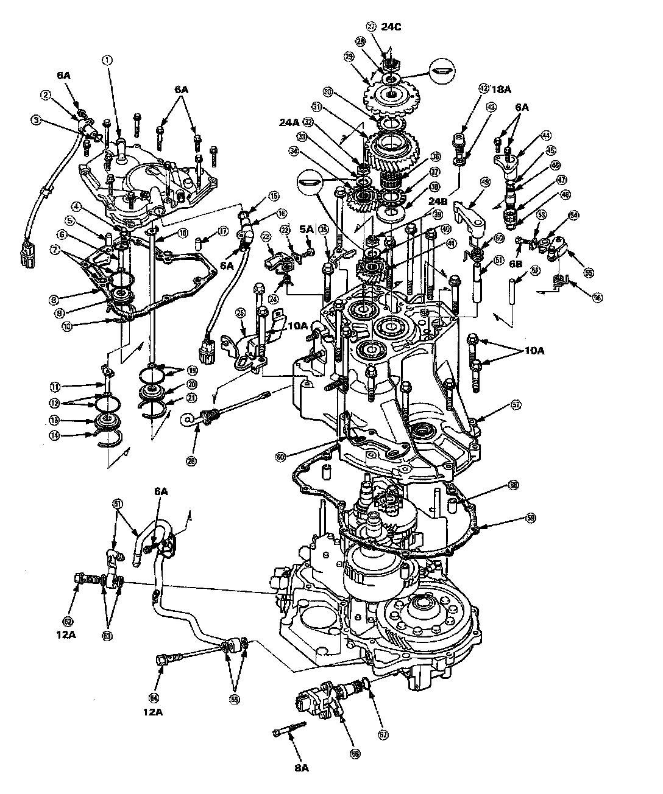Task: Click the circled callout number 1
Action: coord(107,60)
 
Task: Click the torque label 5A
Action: coord(307,230)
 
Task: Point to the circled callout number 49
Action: coord(486,181)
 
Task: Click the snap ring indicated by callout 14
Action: coord(110,438)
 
